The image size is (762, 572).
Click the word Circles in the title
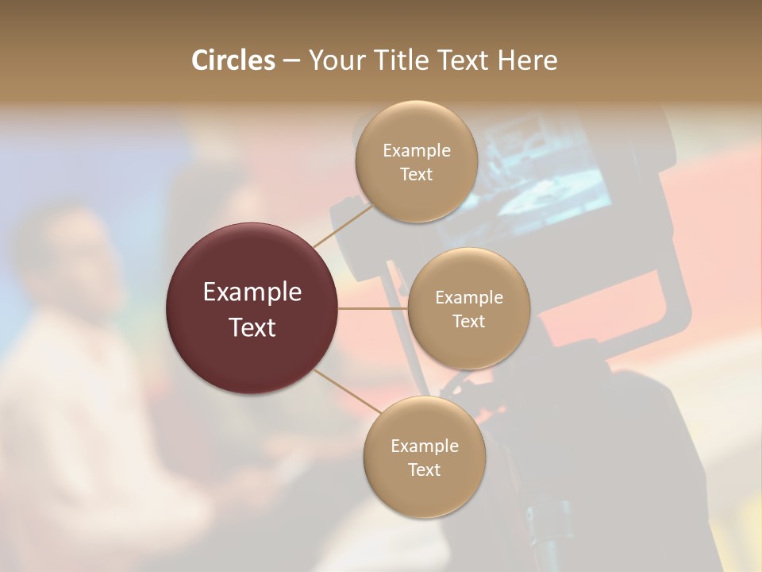pyautogui.click(x=233, y=60)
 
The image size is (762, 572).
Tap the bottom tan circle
pyautogui.click(x=424, y=493)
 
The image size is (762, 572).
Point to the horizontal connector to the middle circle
pyautogui.click(x=373, y=308)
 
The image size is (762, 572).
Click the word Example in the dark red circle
pyautogui.click(x=252, y=292)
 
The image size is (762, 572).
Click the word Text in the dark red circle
pyautogui.click(x=252, y=327)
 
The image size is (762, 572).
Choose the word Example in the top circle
pyautogui.click(x=416, y=151)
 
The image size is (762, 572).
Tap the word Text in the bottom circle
pyautogui.click(x=424, y=470)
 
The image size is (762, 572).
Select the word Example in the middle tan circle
pyautogui.click(x=468, y=298)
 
